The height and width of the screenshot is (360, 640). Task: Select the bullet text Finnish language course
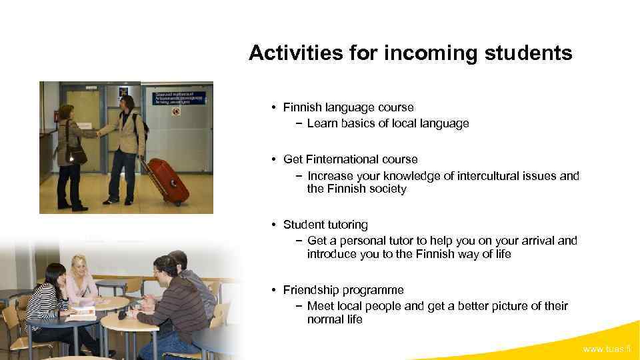pos(348,107)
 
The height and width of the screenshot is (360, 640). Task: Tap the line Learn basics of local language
pos(388,123)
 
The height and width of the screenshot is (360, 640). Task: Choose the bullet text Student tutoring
pos(325,225)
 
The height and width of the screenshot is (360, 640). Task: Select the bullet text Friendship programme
pos(343,290)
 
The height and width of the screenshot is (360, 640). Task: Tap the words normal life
pos(335,319)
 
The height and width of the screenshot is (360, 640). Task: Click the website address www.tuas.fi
pos(607,349)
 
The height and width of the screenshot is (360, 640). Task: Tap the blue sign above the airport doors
pos(179,98)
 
